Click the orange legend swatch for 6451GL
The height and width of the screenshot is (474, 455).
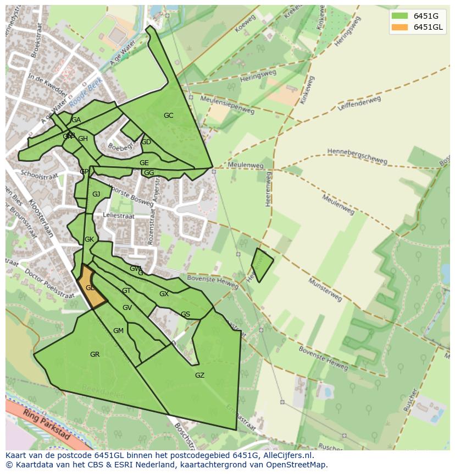[x=399, y=28]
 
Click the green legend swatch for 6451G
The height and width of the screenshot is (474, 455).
[x=399, y=16]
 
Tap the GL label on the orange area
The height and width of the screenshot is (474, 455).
[x=90, y=288]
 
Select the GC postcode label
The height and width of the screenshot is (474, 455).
[x=168, y=116]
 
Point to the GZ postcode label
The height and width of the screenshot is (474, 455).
[x=199, y=375]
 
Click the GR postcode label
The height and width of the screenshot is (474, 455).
[x=95, y=355]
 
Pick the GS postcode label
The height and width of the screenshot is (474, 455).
[x=185, y=314]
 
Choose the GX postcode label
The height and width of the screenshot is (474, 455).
[x=164, y=294]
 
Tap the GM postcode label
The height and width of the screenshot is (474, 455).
[x=118, y=331]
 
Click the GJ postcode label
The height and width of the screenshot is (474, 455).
[x=96, y=194]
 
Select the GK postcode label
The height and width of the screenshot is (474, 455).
[x=89, y=239]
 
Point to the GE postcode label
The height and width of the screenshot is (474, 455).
[x=144, y=163]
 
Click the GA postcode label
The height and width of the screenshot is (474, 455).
[x=76, y=120]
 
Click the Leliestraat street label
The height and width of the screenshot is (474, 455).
[x=118, y=216]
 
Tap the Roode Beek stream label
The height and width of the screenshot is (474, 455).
[x=86, y=92]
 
